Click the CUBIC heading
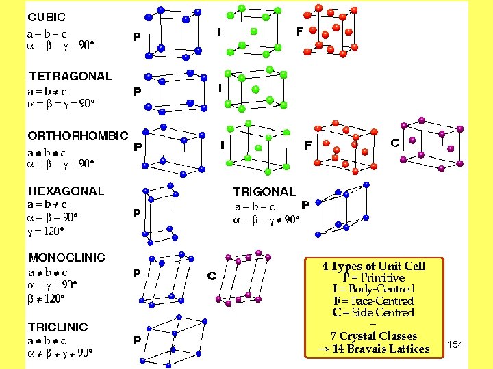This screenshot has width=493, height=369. point(47,16)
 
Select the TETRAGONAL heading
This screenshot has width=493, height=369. point(71,76)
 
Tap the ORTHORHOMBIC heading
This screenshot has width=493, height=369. point(77,136)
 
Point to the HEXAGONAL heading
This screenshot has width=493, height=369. point(66,191)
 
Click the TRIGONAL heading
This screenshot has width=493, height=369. point(264,192)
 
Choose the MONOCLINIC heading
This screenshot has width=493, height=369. point(66,258)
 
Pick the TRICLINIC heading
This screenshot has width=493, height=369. point(58,327)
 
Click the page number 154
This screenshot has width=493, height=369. point(455,344)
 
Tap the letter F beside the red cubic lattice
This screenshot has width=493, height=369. point(299,31)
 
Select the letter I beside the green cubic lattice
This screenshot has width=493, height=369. point(219,31)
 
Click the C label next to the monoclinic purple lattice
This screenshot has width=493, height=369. point(212,276)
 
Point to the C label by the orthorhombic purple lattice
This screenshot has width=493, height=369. point(395,143)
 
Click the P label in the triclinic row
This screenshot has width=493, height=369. point(137,340)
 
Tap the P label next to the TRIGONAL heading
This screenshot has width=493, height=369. point(305,204)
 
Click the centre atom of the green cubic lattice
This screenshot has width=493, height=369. point(254,31)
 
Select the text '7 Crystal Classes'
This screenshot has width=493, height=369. point(373,336)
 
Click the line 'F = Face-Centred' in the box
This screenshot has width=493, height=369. point(373,301)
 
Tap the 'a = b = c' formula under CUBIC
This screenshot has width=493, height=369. point(47,33)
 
